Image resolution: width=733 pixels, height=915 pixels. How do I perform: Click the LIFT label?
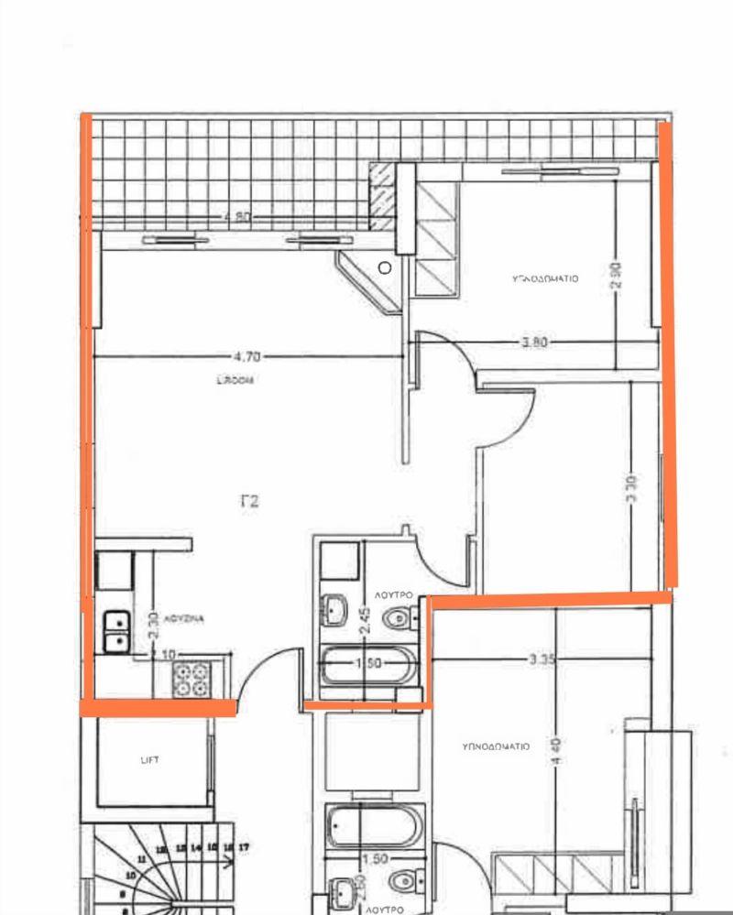(150, 759)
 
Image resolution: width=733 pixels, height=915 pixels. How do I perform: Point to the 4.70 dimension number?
(240, 354)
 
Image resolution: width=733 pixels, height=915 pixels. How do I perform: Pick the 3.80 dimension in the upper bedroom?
(534, 343)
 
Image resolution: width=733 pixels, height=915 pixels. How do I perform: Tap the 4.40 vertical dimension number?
(558, 754)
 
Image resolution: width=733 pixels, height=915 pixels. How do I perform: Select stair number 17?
(243, 849)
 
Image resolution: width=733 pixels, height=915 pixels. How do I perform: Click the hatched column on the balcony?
(382, 197)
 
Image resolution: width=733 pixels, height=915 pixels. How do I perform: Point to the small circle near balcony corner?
(386, 267)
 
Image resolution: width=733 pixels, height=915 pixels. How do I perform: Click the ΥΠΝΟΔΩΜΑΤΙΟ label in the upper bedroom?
(544, 279)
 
